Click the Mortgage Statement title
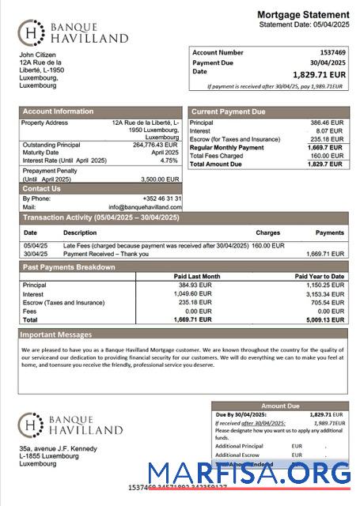[x=303, y=15]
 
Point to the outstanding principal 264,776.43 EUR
[x=155, y=145]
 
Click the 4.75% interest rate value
[x=169, y=160]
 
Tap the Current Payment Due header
[x=229, y=112]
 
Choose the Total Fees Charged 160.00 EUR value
[x=328, y=156]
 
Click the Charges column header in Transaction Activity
[x=267, y=233]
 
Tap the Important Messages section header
[x=57, y=334]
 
